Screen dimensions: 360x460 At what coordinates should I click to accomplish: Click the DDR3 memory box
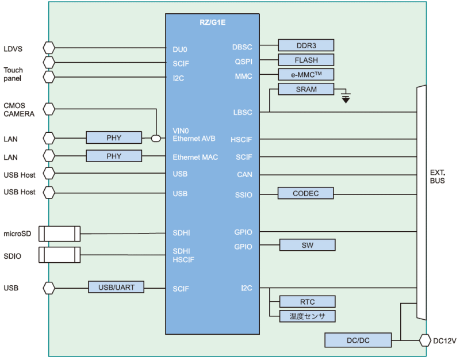pos(306,45)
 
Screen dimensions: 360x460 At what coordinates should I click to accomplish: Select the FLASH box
pos(306,60)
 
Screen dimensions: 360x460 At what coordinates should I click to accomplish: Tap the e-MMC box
pos(306,74)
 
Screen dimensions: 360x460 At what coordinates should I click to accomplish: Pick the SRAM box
pos(306,89)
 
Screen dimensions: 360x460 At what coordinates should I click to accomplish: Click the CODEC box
pos(306,193)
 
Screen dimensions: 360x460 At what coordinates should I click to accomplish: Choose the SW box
pos(307,245)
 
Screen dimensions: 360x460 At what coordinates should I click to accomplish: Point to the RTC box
pos(307,301)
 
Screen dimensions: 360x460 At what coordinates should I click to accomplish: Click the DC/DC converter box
pos(358,340)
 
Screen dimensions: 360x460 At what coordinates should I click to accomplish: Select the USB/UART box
pos(116,286)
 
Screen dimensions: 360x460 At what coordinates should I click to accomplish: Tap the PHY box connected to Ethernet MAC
pos(114,156)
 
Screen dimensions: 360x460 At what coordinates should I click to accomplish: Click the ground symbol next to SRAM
pos(345,98)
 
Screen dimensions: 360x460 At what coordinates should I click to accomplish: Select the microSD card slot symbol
pos(62,233)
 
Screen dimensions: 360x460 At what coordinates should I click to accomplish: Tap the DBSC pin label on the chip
pos(242,47)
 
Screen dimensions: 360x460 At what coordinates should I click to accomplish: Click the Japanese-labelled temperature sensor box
pos(307,316)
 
